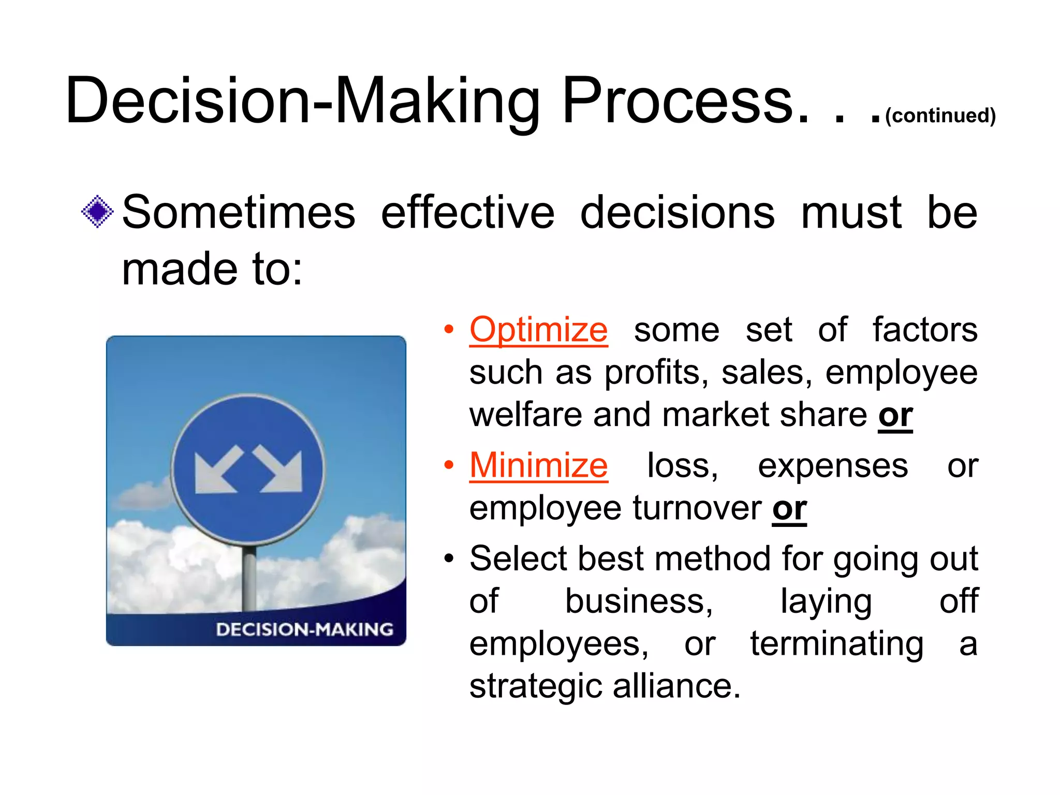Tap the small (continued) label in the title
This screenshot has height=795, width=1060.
click(x=940, y=115)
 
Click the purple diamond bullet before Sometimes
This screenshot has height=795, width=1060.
click(x=97, y=212)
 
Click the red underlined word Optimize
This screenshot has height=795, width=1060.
click(x=538, y=330)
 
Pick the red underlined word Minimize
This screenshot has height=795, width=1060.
click(x=538, y=465)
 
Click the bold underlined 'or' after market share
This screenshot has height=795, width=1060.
click(x=895, y=416)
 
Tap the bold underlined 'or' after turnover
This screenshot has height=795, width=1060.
click(x=789, y=509)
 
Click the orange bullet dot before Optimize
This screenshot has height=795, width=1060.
click(x=449, y=329)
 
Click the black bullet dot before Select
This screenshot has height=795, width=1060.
click(x=449, y=558)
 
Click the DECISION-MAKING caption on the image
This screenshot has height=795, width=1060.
click(x=304, y=629)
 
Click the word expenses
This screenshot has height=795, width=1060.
click(x=833, y=465)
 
